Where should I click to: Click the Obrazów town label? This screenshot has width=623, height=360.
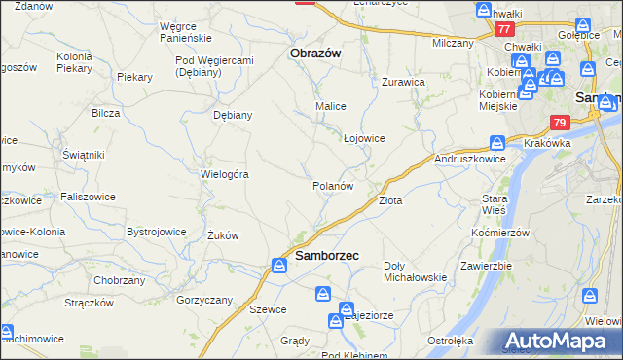pyautogui.click(x=315, y=54)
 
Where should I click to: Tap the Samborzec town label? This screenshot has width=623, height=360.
pyautogui.click(x=326, y=256)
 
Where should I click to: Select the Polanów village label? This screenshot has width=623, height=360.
pyautogui.click(x=332, y=185)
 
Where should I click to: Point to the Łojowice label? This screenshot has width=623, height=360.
pyautogui.click(x=365, y=138)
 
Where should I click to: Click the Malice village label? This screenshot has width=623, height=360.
pyautogui.click(x=331, y=105)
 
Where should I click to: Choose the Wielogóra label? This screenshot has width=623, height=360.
pyautogui.click(x=226, y=175)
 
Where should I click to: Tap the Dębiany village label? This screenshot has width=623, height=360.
pyautogui.click(x=233, y=114)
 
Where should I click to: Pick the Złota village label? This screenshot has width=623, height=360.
pyautogui.click(x=390, y=200)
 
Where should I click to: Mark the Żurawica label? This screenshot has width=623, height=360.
pyautogui.click(x=403, y=82)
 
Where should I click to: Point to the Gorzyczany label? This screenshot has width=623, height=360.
pyautogui.click(x=202, y=300)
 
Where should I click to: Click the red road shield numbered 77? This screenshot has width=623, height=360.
pyautogui.click(x=503, y=29)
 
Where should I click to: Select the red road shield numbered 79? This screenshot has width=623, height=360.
pyautogui.click(x=559, y=124)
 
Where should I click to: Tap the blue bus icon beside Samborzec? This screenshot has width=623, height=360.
pyautogui.click(x=278, y=265)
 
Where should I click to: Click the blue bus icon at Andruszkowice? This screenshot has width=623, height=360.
pyautogui.click(x=497, y=140)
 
